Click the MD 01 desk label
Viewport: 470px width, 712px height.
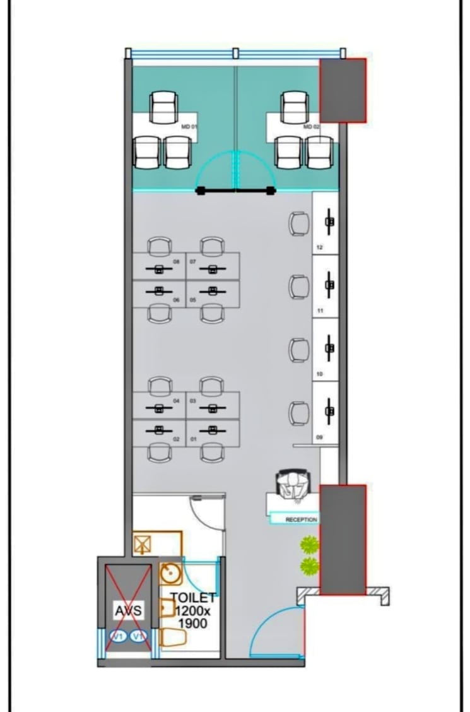pos(189,128)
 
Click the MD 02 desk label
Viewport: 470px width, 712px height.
pos(312,128)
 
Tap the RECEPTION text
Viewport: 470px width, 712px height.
pos(302,519)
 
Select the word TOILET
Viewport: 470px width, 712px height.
pos(193,598)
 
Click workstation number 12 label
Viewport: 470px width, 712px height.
pos(319,248)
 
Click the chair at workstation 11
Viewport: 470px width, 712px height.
pos(299,287)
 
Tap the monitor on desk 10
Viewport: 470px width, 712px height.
pos(329,348)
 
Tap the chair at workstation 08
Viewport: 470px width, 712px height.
pos(160,246)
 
